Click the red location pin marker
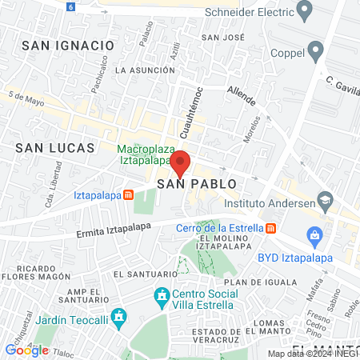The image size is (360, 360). tap(180, 162)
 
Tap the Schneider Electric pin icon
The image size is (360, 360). tap(304, 10)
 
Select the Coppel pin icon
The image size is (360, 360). tap(316, 53)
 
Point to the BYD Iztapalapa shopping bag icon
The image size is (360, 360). tap(314, 236)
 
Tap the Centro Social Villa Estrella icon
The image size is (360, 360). tap(162, 296)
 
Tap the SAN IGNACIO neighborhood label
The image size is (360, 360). tap(68, 46)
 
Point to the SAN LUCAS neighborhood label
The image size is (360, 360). tap(55, 148)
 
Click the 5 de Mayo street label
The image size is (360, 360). tap(26, 99)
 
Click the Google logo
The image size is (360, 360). tap(26, 350)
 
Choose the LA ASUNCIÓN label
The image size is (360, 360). tap(144, 70)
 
